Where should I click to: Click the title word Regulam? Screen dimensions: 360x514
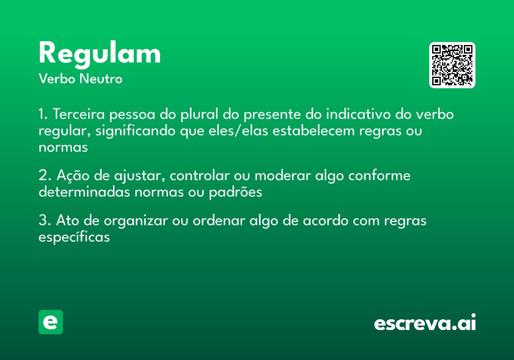click(x=99, y=54)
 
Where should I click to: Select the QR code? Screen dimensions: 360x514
click(x=452, y=65)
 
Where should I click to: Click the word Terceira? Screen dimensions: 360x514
click(x=79, y=115)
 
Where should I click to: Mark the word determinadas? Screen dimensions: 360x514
click(x=84, y=192)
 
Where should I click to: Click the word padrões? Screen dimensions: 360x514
click(x=235, y=192)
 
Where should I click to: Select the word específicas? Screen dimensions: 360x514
click(x=74, y=237)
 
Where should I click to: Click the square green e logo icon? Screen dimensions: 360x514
click(x=51, y=322)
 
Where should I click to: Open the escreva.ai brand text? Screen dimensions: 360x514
click(x=425, y=323)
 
